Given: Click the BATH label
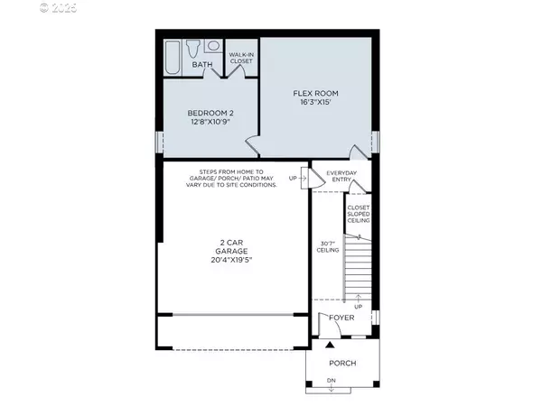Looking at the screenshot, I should [202, 64].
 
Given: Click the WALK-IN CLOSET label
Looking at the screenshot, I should [240, 59].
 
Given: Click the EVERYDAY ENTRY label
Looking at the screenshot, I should [342, 176].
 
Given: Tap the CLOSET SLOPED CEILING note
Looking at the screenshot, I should [358, 214].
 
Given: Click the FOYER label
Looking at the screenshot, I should [342, 317].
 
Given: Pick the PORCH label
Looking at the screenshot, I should [342, 363].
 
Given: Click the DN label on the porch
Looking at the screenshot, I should [331, 381].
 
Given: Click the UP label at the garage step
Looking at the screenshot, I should [293, 178].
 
